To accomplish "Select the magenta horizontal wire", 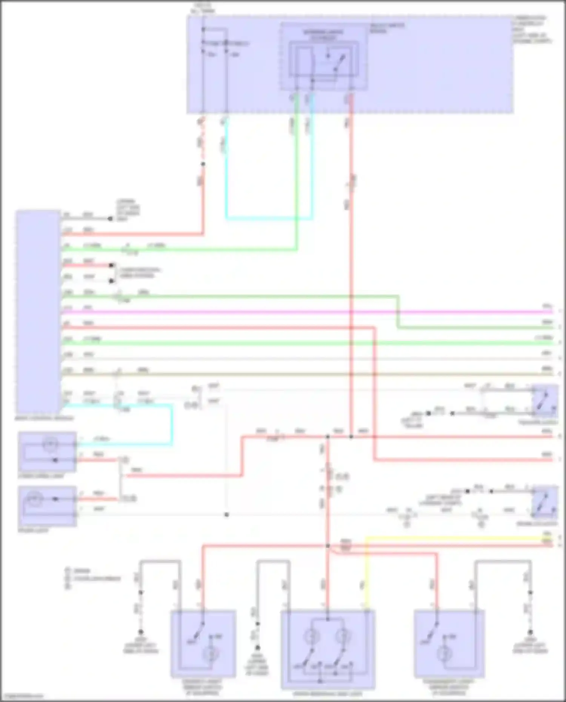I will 302,312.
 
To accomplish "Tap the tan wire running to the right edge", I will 302,374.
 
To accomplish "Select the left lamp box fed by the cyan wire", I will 47,452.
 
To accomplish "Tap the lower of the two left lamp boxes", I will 47,506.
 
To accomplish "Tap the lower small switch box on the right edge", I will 545,502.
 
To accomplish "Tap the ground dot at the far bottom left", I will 141,631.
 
